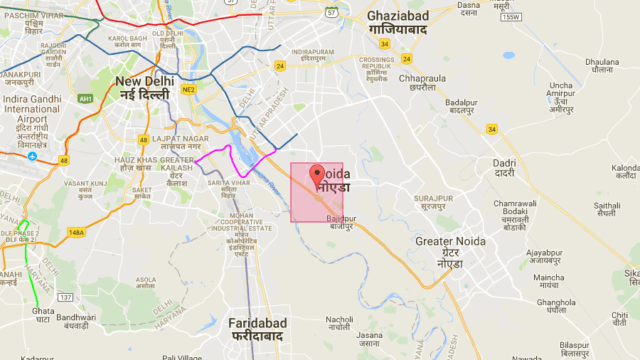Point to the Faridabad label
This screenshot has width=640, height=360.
tap(257, 329)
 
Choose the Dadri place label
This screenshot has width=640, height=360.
tap(505, 168)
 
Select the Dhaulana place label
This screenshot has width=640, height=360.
tap(601, 65)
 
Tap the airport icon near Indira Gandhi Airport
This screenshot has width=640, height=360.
tap(33, 156)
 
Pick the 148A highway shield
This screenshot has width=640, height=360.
tap(77, 232)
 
